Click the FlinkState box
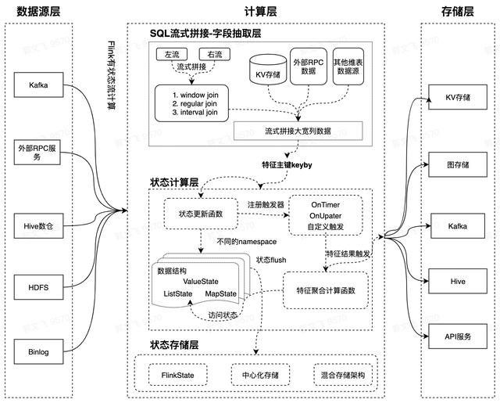click(178, 373)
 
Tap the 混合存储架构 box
click(344, 373)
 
